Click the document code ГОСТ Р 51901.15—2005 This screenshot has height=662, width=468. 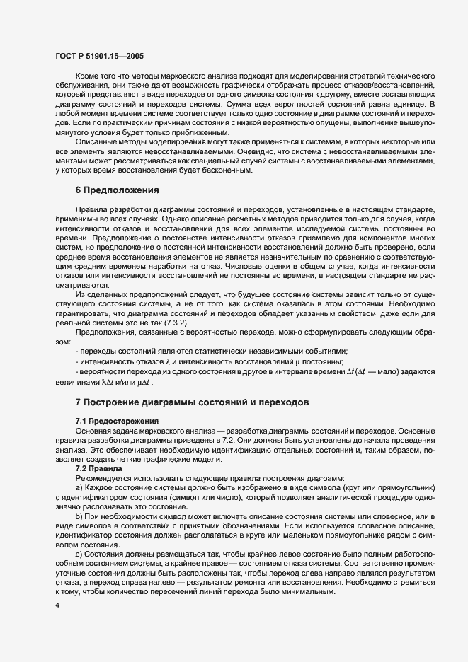pos(99,55)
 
